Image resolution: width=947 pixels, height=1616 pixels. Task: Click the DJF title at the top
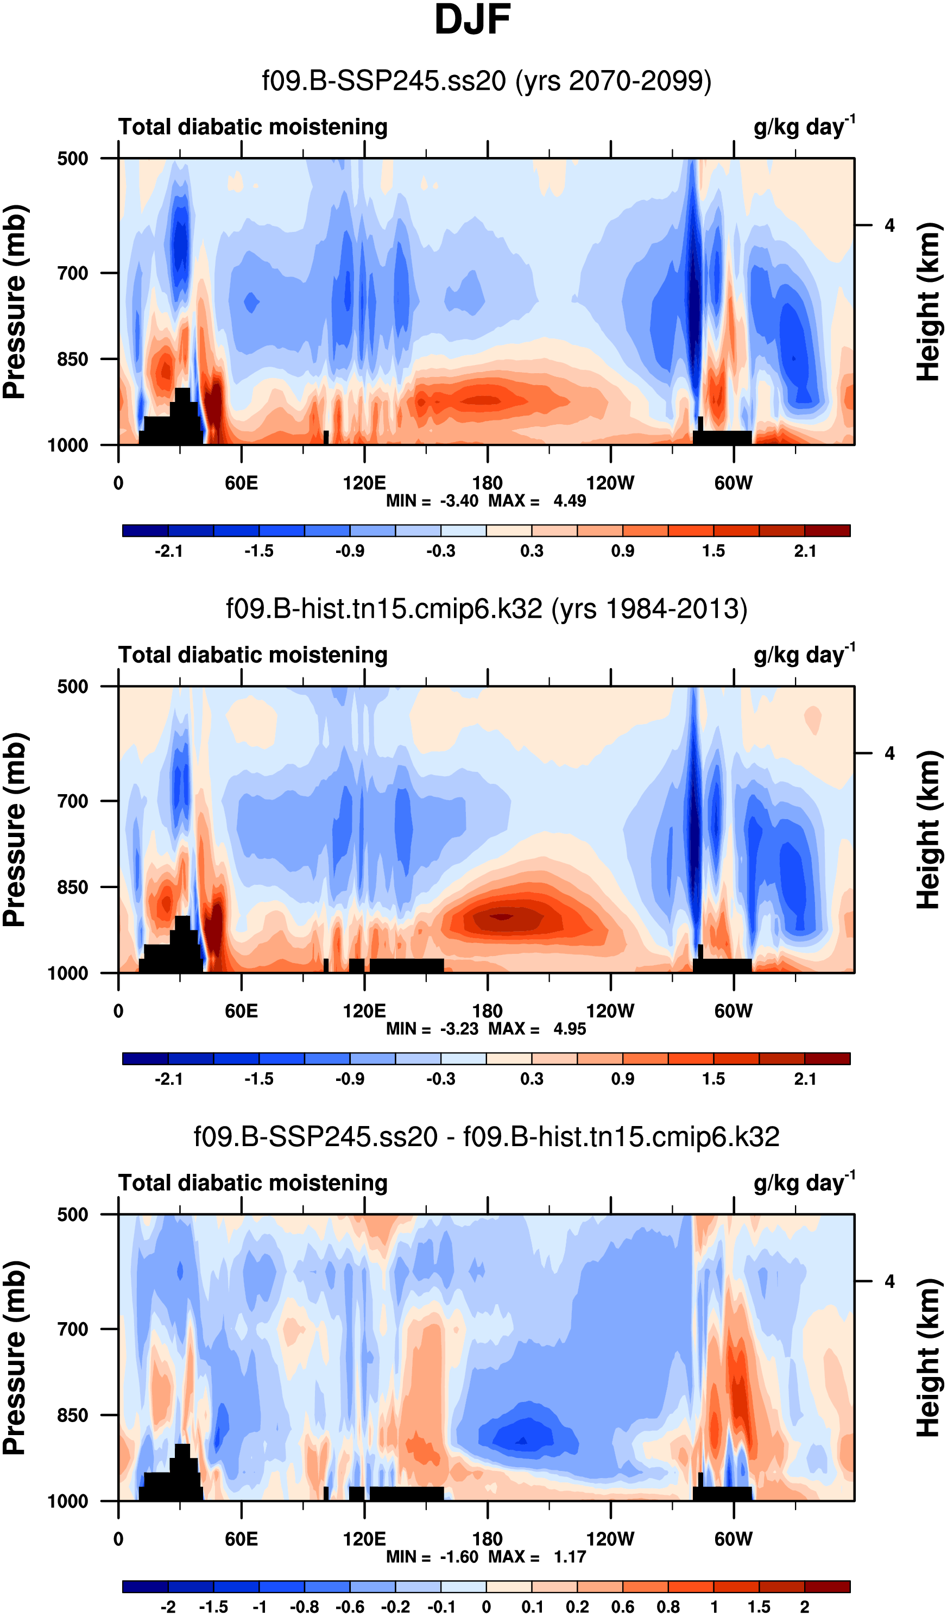(472, 21)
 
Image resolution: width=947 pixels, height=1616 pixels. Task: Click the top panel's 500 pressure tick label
(72, 159)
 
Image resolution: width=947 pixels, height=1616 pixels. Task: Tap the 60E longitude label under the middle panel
(241, 1011)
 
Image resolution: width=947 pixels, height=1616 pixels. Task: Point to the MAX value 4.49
(570, 501)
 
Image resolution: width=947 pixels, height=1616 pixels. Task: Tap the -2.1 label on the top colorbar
(169, 551)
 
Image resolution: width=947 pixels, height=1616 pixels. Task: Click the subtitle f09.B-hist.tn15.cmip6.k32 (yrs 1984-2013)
(486, 608)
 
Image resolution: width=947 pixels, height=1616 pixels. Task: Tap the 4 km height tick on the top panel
(889, 226)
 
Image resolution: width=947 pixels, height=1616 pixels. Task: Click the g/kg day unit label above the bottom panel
(804, 1183)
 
